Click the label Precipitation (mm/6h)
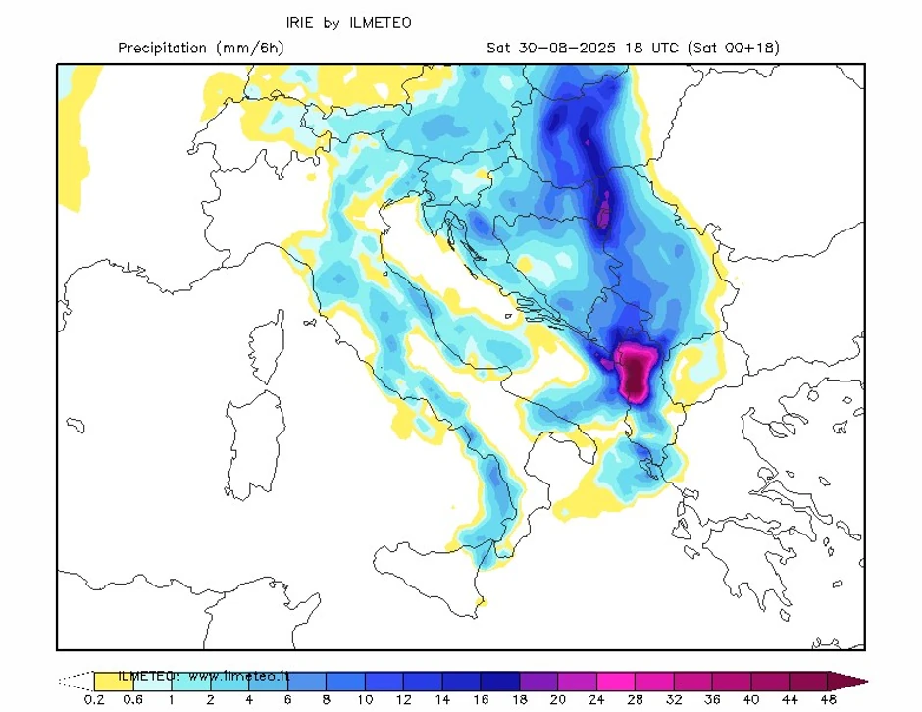click(x=200, y=47)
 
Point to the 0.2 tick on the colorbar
click(x=94, y=699)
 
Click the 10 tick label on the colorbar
click(x=365, y=699)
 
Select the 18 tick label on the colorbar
click(x=520, y=699)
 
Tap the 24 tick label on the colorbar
click(x=596, y=699)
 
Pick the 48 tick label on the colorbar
click(x=828, y=699)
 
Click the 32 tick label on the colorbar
click(x=674, y=699)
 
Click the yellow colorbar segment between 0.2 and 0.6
click(x=113, y=680)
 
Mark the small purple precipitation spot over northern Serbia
click(x=605, y=209)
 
